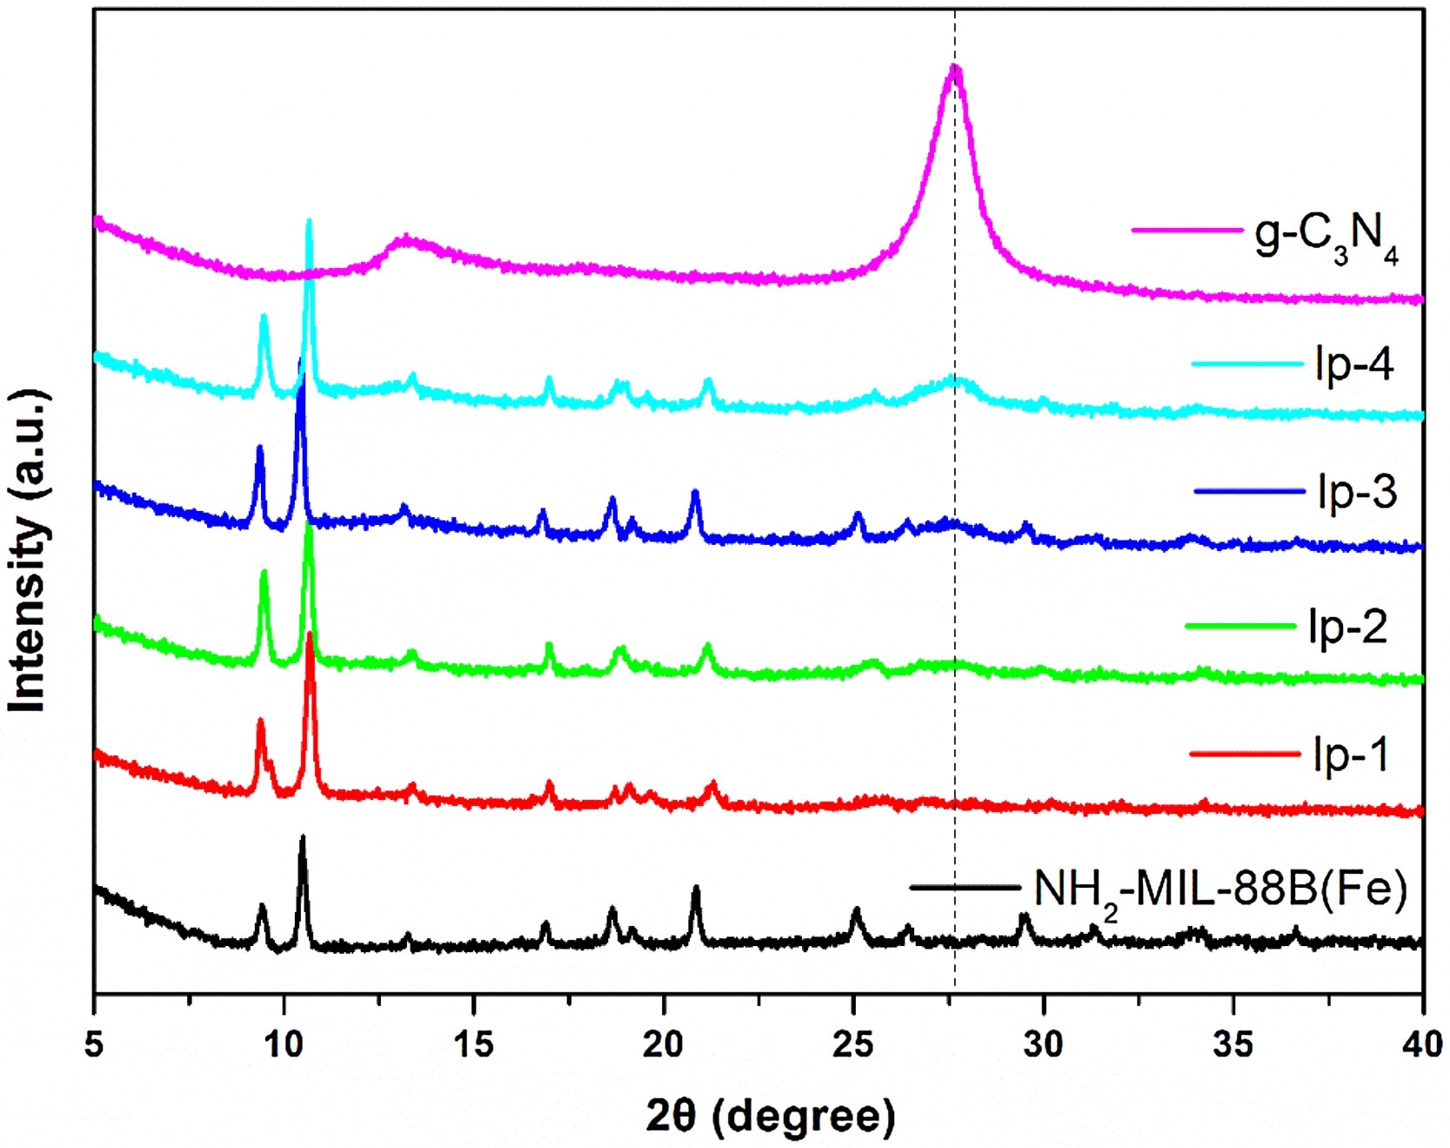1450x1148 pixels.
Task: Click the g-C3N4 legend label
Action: point(1326,237)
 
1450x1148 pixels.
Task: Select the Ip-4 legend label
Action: point(1354,364)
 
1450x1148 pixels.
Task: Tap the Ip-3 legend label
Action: point(1357,492)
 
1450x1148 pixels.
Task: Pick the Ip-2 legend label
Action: point(1347,626)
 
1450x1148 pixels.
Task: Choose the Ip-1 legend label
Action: point(1351,754)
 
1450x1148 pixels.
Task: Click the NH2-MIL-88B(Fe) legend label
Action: point(1219,890)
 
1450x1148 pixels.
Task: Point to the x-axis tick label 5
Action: point(94,1044)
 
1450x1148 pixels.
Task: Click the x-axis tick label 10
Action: point(284,1044)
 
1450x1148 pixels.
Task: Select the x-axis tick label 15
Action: point(473,1044)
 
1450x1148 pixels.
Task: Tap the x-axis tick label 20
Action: point(663,1044)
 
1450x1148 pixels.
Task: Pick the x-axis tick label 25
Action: point(853,1044)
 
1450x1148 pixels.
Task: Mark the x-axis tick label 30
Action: point(1043,1044)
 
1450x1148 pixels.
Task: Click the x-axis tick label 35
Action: point(1233,1044)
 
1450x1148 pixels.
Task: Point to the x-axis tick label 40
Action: point(1422,1044)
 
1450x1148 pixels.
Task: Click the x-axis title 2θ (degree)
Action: point(770,1116)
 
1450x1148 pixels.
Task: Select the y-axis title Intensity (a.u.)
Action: point(28,550)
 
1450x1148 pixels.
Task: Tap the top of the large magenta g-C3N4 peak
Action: point(954,67)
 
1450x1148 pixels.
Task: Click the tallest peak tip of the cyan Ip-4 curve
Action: point(309,221)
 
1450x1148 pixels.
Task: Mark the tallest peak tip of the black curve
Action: point(303,837)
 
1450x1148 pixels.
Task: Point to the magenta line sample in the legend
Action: point(1186,231)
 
